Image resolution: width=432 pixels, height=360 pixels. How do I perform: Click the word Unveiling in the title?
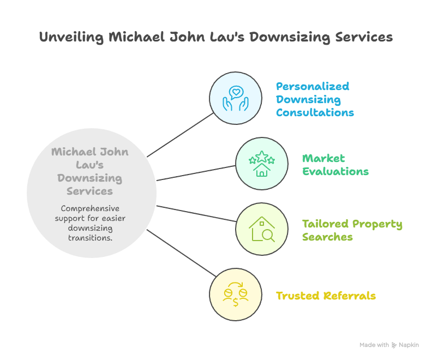(x=71, y=38)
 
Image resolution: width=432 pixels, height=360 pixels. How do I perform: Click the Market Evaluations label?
(x=335, y=165)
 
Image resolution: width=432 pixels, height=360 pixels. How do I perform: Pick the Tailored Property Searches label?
(x=352, y=230)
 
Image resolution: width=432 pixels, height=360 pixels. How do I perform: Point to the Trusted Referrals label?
(x=326, y=296)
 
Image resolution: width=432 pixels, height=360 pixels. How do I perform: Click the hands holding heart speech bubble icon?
(x=236, y=99)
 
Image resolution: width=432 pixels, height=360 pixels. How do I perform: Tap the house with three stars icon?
(x=262, y=164)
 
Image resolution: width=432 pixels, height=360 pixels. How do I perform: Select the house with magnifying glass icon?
(x=262, y=229)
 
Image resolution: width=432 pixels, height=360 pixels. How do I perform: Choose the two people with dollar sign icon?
(x=236, y=295)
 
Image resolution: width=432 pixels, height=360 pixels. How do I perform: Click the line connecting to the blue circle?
(x=179, y=135)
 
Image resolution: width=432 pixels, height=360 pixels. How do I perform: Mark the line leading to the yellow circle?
(x=179, y=253)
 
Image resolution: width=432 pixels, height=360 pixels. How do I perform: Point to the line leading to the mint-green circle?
(x=196, y=172)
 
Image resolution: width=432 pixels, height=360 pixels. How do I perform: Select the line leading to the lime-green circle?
(x=196, y=214)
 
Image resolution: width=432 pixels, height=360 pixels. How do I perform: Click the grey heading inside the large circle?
(x=90, y=171)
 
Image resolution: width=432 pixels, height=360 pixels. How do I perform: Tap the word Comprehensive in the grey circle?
(x=90, y=208)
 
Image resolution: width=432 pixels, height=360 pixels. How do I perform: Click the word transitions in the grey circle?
(x=90, y=238)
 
